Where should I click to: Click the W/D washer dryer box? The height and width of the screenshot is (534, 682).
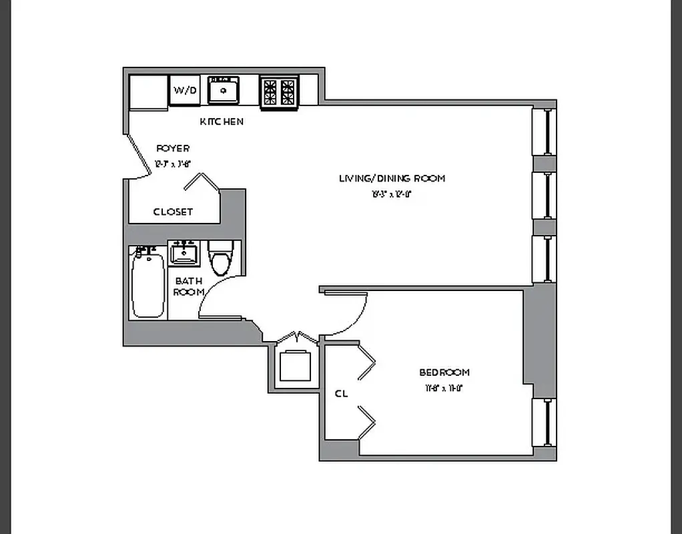[185, 90]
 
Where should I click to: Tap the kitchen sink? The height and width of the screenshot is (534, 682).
[223, 89]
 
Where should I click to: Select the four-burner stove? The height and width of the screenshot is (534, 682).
[279, 91]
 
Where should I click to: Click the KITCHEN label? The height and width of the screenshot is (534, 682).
[222, 121]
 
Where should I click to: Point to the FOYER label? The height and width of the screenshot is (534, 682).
[173, 148]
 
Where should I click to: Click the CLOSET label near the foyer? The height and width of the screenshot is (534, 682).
[173, 212]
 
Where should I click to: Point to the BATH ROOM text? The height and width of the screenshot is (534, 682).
[188, 286]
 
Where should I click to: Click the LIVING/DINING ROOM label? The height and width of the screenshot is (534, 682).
[392, 178]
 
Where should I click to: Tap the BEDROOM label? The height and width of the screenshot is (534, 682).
[444, 372]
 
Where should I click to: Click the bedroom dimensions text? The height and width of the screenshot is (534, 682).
[443, 388]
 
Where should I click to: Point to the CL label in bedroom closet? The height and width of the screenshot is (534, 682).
[341, 394]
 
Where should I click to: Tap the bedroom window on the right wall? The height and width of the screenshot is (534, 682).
[547, 423]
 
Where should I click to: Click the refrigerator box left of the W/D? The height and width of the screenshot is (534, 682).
[147, 91]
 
